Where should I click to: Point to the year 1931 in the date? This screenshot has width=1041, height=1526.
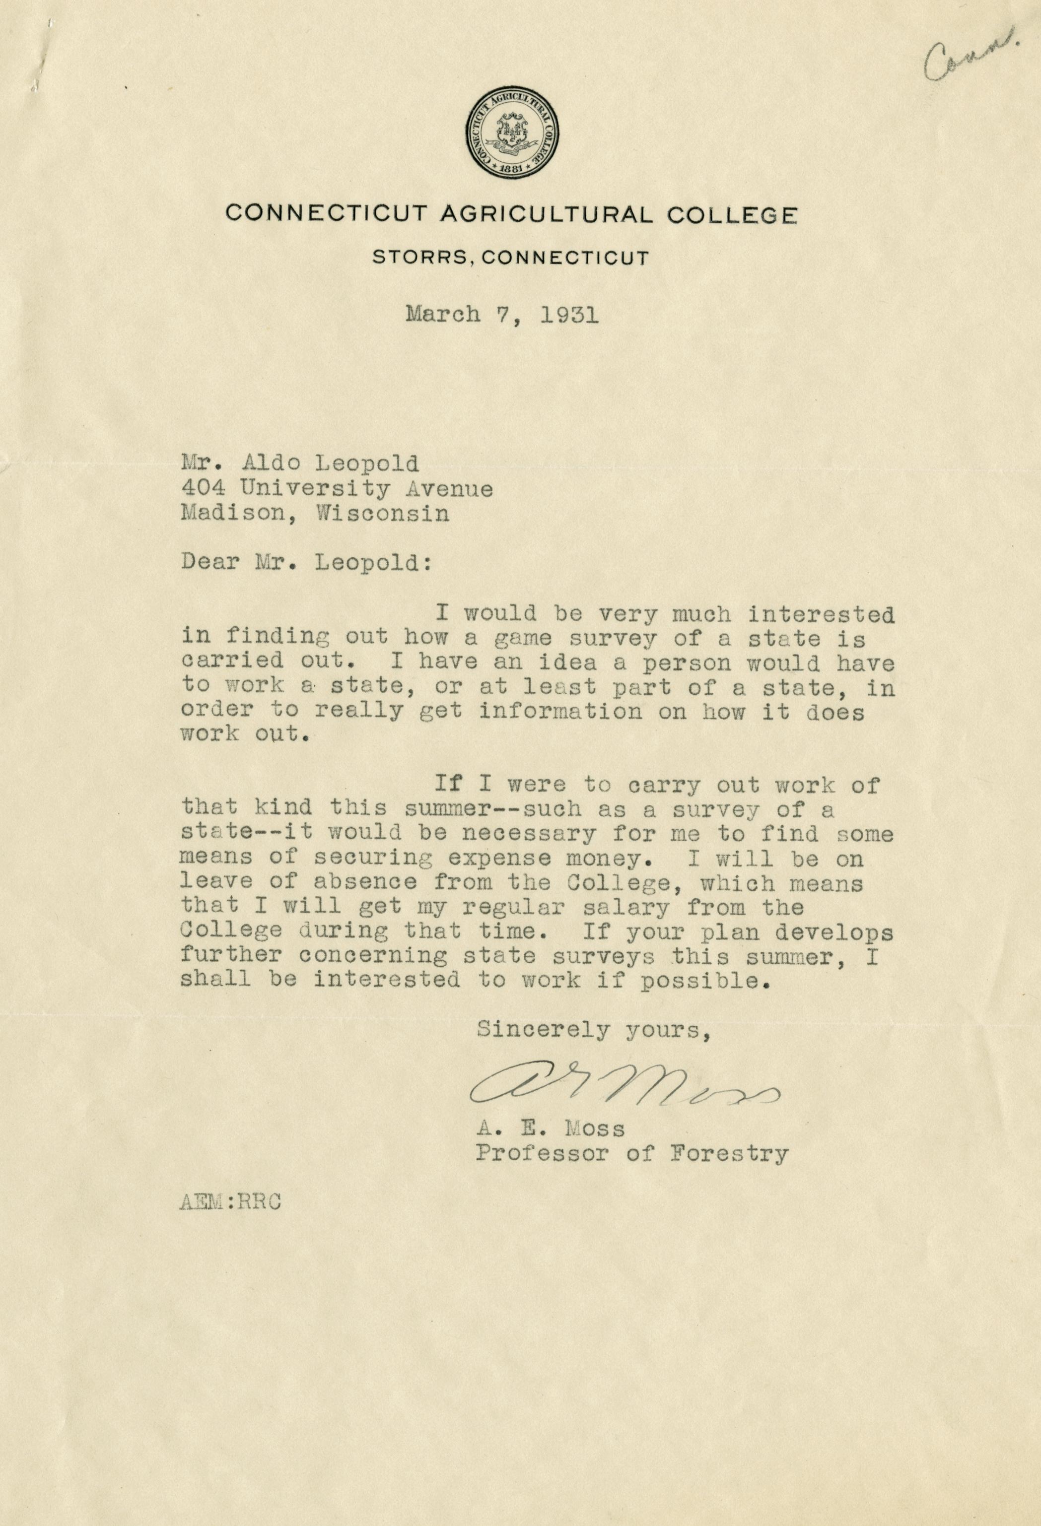569,316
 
